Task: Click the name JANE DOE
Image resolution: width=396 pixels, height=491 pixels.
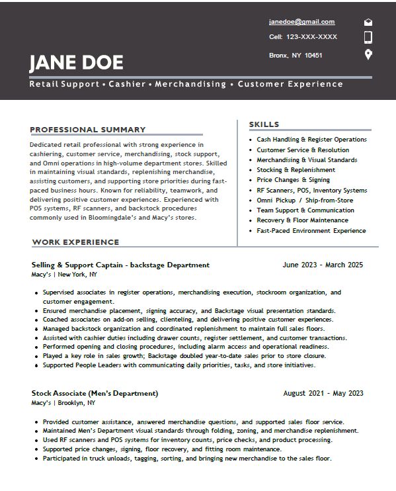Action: [76, 63]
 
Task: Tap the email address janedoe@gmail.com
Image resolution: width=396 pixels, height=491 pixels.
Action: [301, 22]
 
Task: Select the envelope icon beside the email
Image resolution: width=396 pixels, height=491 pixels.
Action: [368, 22]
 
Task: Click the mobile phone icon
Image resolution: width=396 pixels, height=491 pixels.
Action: [368, 37]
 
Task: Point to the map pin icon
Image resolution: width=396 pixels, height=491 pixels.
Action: [368, 54]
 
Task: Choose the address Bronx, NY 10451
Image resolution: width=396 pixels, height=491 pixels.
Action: [296, 55]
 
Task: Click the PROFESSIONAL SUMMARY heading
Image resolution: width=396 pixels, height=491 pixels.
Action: [87, 130]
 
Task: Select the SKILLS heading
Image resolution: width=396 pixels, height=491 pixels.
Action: [264, 124]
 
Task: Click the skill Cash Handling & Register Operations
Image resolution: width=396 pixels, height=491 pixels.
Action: [311, 140]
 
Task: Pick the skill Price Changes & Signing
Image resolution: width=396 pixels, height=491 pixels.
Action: [293, 180]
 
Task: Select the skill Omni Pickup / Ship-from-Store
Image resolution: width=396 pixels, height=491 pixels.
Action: [305, 201]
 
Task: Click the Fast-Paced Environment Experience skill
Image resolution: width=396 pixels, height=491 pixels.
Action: [311, 231]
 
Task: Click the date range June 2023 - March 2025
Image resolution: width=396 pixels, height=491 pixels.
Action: [323, 265]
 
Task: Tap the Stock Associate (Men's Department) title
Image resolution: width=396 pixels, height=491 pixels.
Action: [95, 393]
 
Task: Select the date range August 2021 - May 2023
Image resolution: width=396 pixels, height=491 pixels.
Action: [323, 393]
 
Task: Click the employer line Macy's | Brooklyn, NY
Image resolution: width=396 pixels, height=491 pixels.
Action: [63, 403]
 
